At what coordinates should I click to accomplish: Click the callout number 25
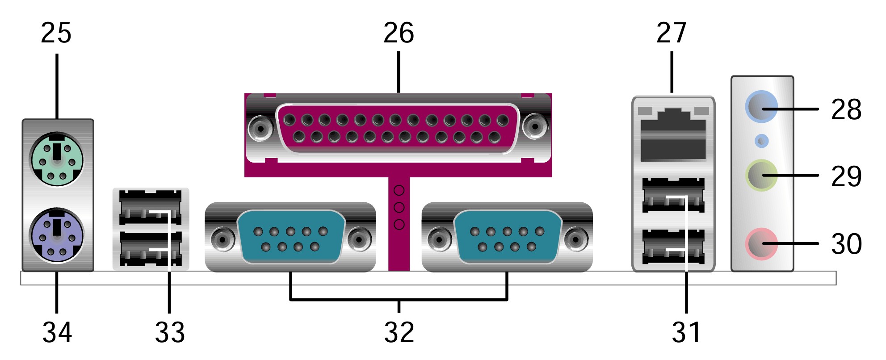coord(56,33)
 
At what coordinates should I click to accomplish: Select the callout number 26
coord(399,33)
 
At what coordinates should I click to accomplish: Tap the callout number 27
coord(671,33)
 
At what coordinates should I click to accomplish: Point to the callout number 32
coord(399,333)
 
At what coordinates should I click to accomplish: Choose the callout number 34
coord(57,333)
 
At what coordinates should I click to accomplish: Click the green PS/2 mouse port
coord(56,159)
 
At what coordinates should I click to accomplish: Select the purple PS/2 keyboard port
coord(56,235)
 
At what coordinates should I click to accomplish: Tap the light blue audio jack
coord(761,107)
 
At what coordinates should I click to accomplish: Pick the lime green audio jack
coord(761,175)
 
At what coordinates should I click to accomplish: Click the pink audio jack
coord(761,244)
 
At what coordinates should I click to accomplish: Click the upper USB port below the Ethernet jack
coord(673,195)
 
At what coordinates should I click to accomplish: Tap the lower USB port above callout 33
coord(151,249)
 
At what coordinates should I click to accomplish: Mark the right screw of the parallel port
coord(535,127)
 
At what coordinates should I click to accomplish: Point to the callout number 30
coord(846,244)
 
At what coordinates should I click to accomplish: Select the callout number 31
coord(686,333)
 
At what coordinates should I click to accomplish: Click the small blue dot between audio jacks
coord(761,141)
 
